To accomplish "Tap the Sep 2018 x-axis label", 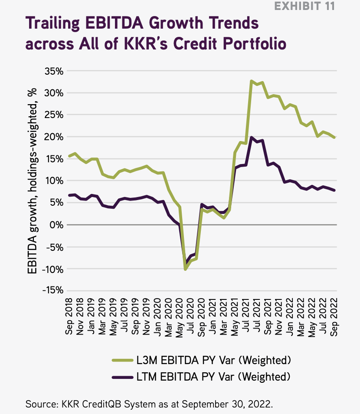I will coord(69,315).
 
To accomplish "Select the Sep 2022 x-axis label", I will coord(334,315).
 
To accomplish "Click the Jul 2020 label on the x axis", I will coord(190,315).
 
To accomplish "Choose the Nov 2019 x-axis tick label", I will coord(146,315).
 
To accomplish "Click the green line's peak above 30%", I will coord(252,81).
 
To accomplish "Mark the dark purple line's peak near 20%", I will coord(252,137).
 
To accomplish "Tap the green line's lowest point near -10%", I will coord(186,269).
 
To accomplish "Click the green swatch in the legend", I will coord(122,360).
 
